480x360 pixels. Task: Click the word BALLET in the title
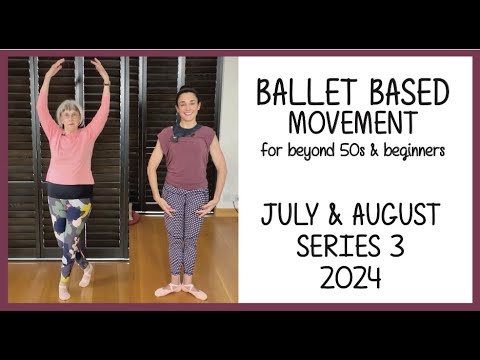(300, 92)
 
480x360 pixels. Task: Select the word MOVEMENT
(351, 123)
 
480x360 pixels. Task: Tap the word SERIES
(335, 245)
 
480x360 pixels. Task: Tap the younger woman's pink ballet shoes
(181, 291)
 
